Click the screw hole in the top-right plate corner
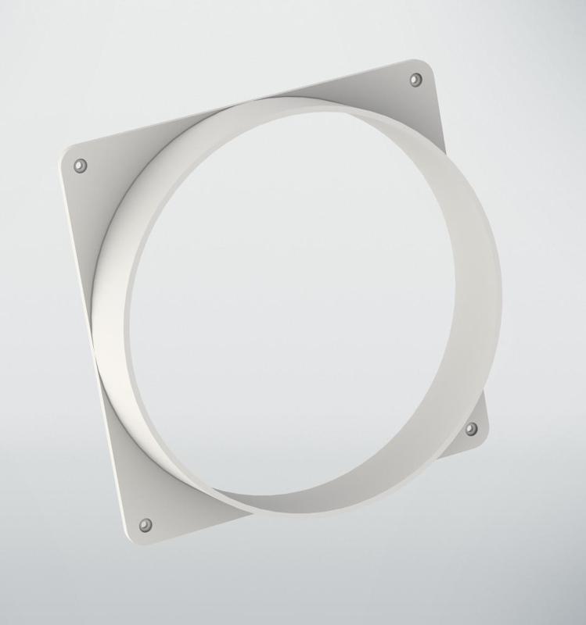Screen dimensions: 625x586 coord(416,80)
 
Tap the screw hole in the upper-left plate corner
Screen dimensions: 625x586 coord(80,166)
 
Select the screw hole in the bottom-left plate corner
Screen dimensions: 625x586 coord(145,523)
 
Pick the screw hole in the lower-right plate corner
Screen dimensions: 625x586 coord(471,429)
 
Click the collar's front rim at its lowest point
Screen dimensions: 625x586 coord(313,516)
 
